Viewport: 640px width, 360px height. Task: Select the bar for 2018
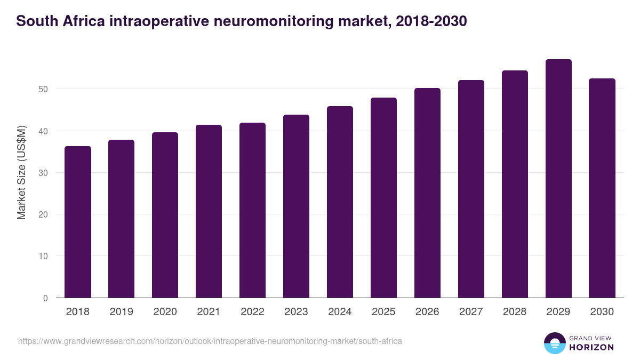(x=78, y=222)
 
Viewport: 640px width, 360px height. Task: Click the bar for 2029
(x=558, y=179)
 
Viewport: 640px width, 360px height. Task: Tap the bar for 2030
(x=602, y=188)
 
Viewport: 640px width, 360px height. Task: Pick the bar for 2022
(x=252, y=210)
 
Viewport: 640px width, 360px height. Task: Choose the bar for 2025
(x=383, y=198)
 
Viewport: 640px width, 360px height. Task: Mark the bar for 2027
(x=471, y=189)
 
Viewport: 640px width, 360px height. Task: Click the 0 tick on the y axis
(x=45, y=298)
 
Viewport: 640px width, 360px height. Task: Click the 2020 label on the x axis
(x=165, y=312)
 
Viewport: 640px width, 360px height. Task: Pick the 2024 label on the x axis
(x=340, y=312)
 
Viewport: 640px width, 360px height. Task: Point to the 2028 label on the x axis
(x=515, y=312)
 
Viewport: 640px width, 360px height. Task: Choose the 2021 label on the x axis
(x=209, y=312)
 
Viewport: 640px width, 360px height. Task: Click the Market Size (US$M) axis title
(x=21, y=172)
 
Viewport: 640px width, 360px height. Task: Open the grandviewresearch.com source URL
(x=210, y=341)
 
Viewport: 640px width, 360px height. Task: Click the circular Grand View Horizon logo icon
(x=555, y=343)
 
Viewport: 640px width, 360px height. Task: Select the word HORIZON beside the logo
(x=592, y=347)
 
